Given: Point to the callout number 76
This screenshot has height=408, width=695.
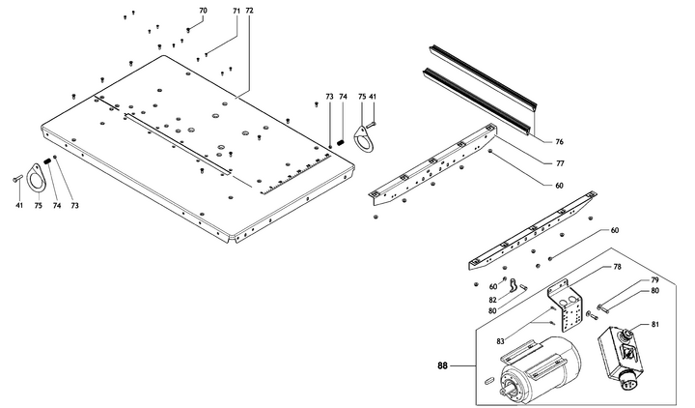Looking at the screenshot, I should coord(559,141).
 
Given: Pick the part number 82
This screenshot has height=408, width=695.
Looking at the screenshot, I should coord(494,301).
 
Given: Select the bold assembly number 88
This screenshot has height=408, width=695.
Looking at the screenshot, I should coord(443,366).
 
